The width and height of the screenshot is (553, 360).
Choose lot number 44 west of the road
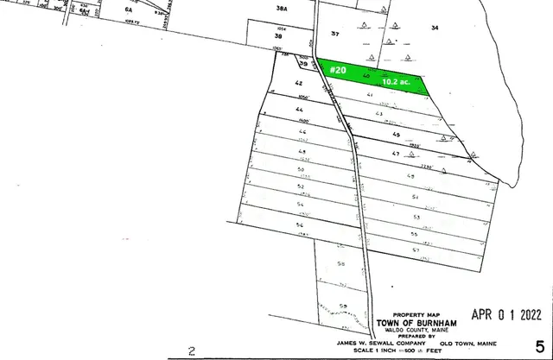coord(276,111)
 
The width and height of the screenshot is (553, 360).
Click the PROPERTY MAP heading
coord(410,314)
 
